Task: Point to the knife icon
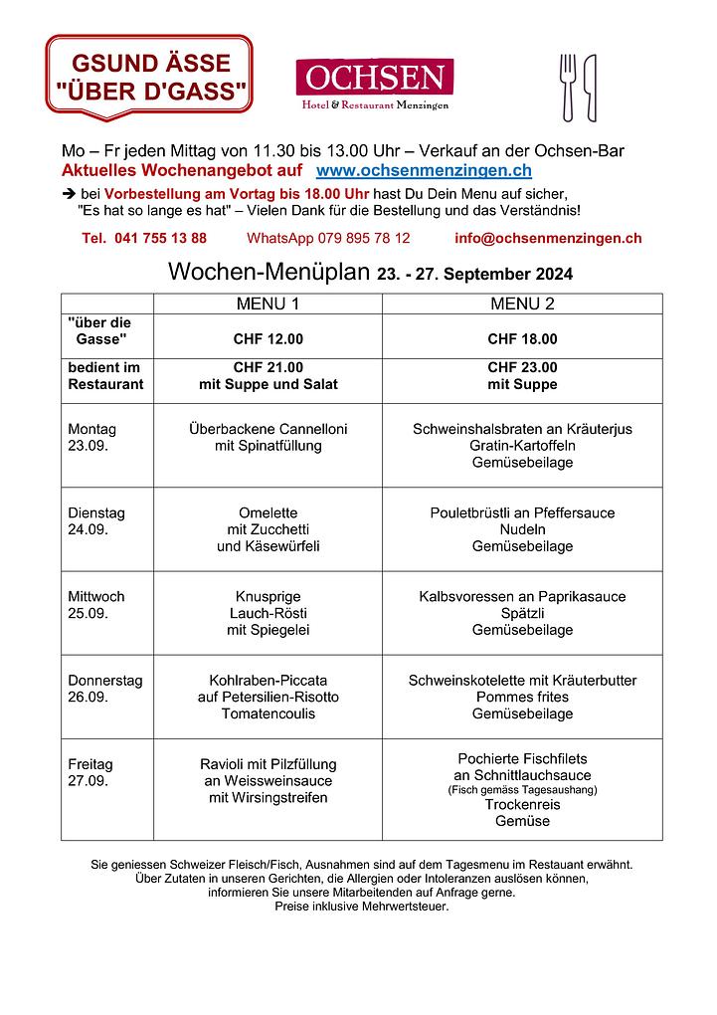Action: pyautogui.click(x=590, y=87)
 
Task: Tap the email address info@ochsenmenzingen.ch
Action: pyautogui.click(x=548, y=238)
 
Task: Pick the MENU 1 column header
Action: pyautogui.click(x=268, y=304)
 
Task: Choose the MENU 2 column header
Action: pyautogui.click(x=522, y=304)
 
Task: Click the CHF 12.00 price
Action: pyautogui.click(x=268, y=338)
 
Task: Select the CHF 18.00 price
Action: pyautogui.click(x=522, y=338)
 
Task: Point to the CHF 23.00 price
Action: pyautogui.click(x=522, y=367)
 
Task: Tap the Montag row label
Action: pyautogui.click(x=91, y=429)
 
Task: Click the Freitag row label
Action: pyautogui.click(x=90, y=764)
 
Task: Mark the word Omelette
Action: pyautogui.click(x=268, y=513)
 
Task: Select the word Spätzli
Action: pyautogui.click(x=522, y=613)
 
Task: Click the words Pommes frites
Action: pyautogui.click(x=522, y=697)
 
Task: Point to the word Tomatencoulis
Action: pyautogui.click(x=268, y=713)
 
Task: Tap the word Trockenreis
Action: pyautogui.click(x=522, y=804)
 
